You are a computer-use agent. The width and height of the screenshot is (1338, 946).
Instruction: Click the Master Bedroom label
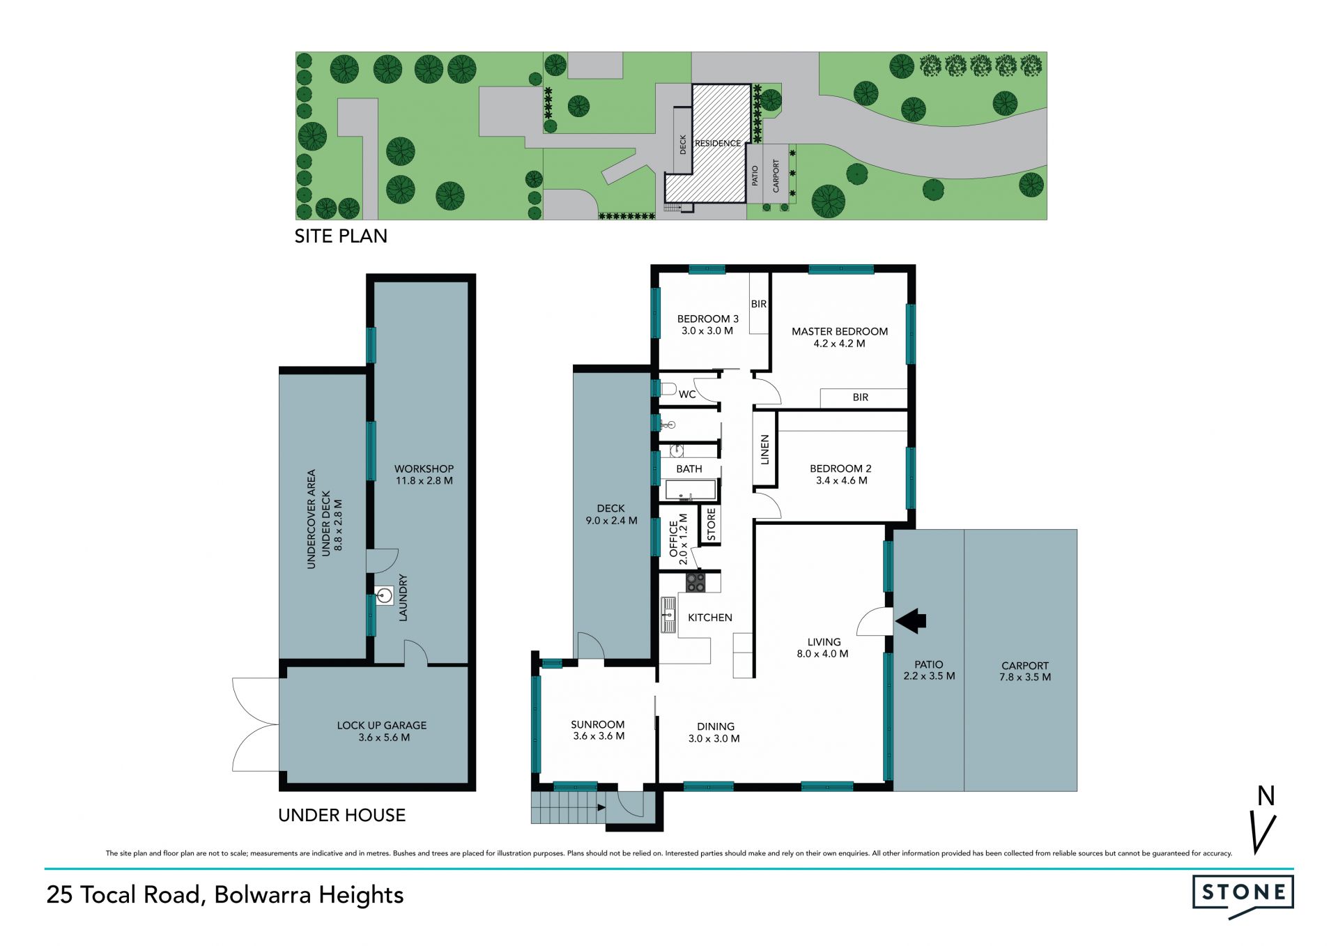(x=839, y=331)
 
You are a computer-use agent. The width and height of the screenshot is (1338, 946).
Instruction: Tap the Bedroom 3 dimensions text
(x=707, y=331)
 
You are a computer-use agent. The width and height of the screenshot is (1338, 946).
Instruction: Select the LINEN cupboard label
(x=764, y=450)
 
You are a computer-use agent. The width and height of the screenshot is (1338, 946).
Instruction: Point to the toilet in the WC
(x=668, y=388)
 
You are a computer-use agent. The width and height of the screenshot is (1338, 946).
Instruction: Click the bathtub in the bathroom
(x=690, y=490)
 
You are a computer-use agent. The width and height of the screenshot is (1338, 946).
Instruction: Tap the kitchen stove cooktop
(x=695, y=582)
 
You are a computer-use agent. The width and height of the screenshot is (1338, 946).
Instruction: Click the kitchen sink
(x=669, y=615)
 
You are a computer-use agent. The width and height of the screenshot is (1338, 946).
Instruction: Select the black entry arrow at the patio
(x=910, y=620)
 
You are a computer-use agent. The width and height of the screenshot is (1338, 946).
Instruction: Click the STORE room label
(x=711, y=524)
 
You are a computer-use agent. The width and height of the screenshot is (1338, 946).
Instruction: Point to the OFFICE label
(x=673, y=539)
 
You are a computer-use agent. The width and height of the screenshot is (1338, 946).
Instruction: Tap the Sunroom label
(x=597, y=724)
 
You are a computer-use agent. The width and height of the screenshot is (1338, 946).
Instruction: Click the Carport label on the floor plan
(x=1024, y=666)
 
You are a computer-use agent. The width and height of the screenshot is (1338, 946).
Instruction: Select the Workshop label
(x=424, y=469)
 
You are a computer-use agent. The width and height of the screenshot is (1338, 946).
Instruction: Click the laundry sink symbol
(x=383, y=595)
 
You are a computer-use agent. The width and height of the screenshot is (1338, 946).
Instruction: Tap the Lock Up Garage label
(x=381, y=725)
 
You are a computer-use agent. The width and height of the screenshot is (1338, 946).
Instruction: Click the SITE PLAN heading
(x=341, y=236)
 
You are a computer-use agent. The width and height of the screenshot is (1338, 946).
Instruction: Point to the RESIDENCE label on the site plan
(x=718, y=144)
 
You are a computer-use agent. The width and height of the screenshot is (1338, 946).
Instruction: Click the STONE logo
(x=1243, y=897)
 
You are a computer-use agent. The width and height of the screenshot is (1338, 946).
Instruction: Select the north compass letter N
(x=1266, y=796)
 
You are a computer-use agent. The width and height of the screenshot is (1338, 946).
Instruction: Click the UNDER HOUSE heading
(x=341, y=815)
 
